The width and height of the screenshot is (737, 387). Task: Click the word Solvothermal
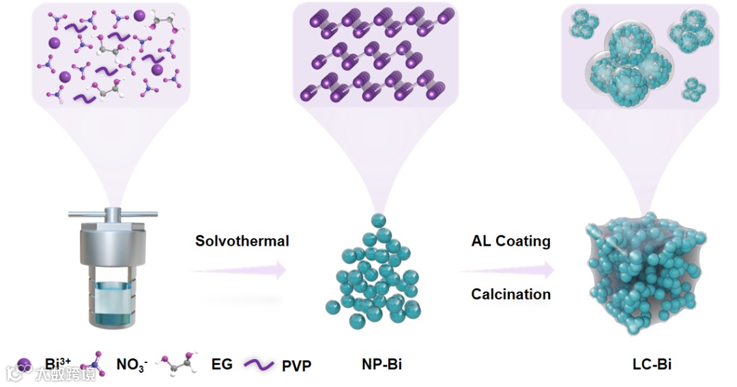point(242,241)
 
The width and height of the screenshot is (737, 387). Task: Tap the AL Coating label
point(510,241)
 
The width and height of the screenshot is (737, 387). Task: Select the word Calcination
point(510,294)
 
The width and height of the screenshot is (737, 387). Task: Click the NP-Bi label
point(381,364)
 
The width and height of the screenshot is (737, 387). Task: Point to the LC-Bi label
point(652,364)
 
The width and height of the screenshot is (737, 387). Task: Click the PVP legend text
point(296,366)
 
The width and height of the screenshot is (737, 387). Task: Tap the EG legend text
point(222,364)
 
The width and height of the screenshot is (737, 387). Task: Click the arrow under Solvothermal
point(239,271)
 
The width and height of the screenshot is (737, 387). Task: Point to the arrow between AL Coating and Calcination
point(508,270)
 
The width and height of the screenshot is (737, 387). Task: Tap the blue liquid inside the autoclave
point(109,304)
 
